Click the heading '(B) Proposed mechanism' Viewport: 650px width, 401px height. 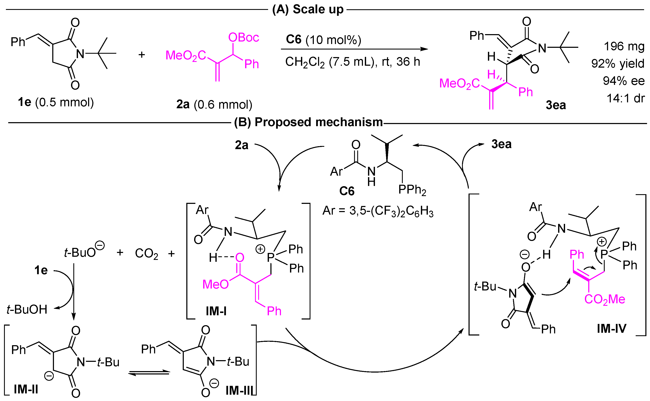click(308, 122)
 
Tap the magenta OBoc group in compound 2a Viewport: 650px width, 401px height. click(243, 37)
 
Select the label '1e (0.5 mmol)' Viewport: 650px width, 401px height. click(56, 102)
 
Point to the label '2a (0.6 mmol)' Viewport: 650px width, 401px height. click(214, 104)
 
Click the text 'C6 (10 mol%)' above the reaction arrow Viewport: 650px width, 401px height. click(323, 40)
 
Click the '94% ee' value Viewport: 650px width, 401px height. click(623, 81)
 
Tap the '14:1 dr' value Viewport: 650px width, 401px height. click(625, 98)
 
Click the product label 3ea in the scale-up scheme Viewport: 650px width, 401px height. click(556, 105)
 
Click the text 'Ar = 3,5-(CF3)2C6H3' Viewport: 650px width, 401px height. click(378, 211)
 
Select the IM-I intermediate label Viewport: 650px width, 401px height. click(216, 311)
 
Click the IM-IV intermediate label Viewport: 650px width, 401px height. click(611, 329)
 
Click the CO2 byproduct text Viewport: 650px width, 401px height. click(146, 254)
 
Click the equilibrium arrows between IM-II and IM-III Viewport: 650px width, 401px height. click(149, 373)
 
